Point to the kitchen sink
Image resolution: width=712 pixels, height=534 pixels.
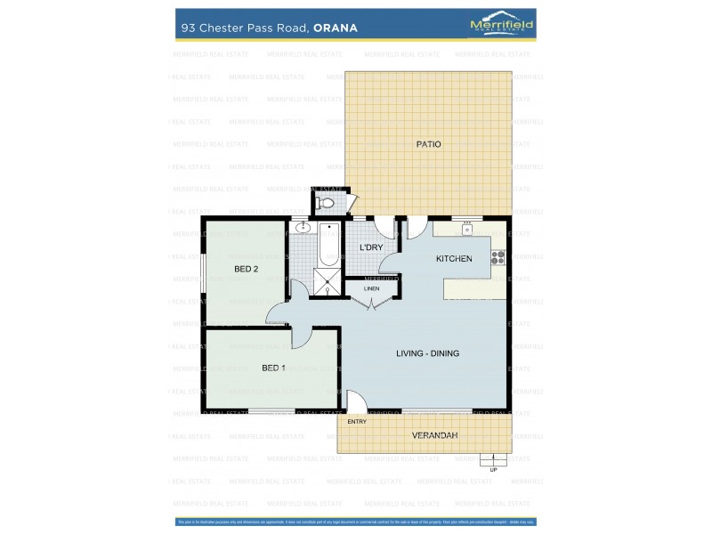[x=466, y=230]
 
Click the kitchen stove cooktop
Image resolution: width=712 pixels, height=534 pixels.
[x=498, y=258]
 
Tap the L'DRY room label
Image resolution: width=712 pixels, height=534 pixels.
[x=370, y=247]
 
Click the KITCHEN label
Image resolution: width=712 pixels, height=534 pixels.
[x=453, y=259]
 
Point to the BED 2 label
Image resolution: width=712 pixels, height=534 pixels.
[x=246, y=269]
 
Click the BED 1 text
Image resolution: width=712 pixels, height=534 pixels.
[x=274, y=368]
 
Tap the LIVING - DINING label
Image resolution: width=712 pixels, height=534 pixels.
[x=427, y=353]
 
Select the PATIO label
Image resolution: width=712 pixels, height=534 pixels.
[x=428, y=143]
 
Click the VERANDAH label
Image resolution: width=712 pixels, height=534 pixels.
[x=434, y=435]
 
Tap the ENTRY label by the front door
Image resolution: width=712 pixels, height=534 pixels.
[x=357, y=421]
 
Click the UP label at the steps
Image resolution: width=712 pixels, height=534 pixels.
[x=493, y=469]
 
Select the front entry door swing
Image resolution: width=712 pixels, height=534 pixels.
[x=354, y=400]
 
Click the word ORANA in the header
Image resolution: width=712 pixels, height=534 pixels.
[x=336, y=28]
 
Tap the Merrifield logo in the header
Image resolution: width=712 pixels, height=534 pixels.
[x=501, y=26]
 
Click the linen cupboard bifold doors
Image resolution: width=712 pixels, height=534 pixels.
[x=372, y=302]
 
